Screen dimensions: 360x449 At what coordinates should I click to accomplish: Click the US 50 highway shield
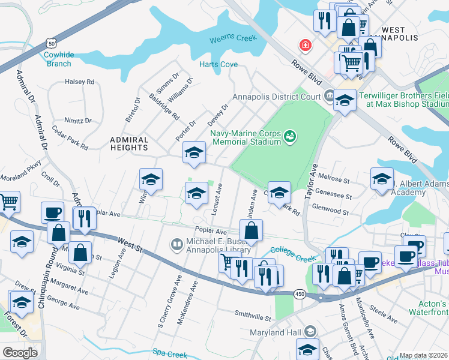(x=52, y=43)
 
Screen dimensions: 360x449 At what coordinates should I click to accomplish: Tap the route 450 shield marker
(x=300, y=295)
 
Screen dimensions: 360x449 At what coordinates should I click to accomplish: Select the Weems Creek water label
(x=233, y=39)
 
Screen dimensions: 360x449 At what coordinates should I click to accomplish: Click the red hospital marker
(x=306, y=46)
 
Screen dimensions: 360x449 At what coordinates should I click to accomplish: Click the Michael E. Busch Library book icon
(x=176, y=244)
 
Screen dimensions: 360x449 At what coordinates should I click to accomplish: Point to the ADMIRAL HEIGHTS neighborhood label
(x=129, y=142)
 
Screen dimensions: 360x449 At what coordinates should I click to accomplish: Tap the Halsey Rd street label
(x=80, y=82)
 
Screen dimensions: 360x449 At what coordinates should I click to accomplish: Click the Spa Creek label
(x=166, y=352)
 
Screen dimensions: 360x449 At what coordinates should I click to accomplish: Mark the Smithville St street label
(x=253, y=314)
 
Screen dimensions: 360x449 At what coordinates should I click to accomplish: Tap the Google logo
(x=20, y=353)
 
